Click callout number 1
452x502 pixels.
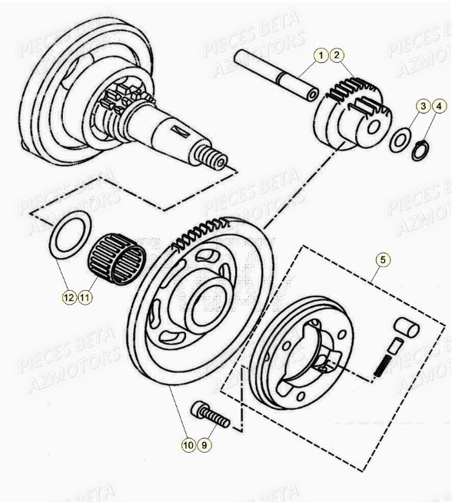tap(321, 54)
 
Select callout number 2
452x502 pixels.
tap(337, 54)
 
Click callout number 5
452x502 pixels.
tap(383, 259)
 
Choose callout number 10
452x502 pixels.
tap(187, 444)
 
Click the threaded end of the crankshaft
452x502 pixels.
tap(216, 160)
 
